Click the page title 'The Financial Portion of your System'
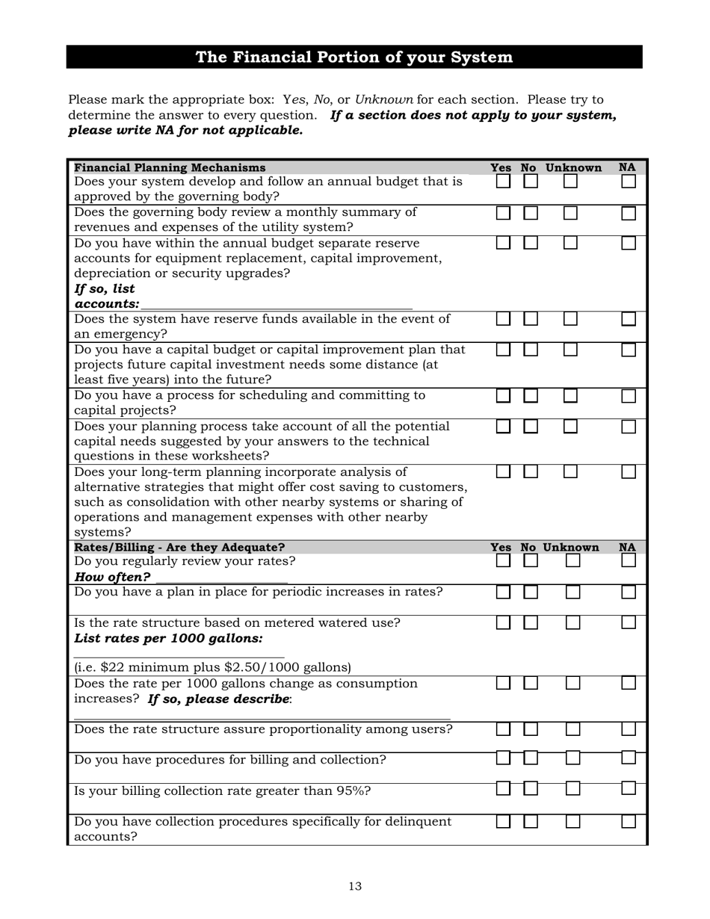click(354, 58)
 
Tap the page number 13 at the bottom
click(354, 886)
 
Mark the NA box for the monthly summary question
click(629, 213)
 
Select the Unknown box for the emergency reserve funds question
click(570, 319)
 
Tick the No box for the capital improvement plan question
click(531, 350)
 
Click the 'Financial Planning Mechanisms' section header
click(170, 167)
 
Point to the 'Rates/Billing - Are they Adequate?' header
click(179, 547)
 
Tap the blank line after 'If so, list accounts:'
click(277, 303)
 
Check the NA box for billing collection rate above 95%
click(629, 788)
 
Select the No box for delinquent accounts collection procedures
click(531, 822)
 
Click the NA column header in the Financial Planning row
click(627, 167)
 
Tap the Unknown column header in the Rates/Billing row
click(570, 547)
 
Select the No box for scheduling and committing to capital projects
click(531, 396)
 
